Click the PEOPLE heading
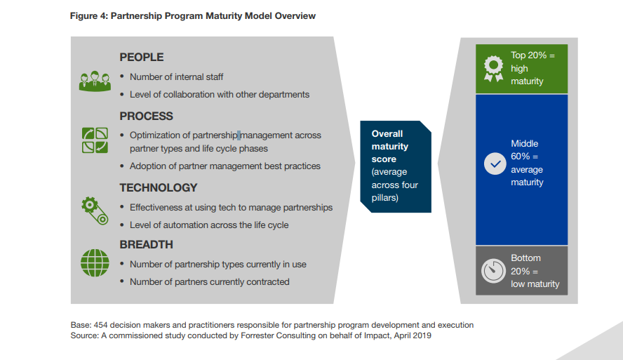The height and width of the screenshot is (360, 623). coord(141,58)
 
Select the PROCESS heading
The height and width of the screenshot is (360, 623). coord(146,116)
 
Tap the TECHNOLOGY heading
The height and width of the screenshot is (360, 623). coord(158,187)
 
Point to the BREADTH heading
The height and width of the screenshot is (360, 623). coord(146,245)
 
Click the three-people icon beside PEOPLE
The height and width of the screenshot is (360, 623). coord(95,81)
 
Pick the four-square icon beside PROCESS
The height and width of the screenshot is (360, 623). coord(95,140)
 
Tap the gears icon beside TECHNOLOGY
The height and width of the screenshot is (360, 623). coord(95,210)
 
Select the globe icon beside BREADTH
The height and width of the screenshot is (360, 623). coord(95,263)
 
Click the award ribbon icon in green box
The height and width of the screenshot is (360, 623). coord(494,68)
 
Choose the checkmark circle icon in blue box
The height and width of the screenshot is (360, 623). coord(495,164)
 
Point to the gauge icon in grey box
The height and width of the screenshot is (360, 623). coord(494,271)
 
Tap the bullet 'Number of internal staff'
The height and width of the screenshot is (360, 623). coord(176,77)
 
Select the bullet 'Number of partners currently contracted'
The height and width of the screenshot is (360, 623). coord(209,281)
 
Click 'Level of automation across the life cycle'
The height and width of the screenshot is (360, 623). coord(209,225)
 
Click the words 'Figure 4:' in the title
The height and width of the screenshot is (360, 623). coord(89,16)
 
